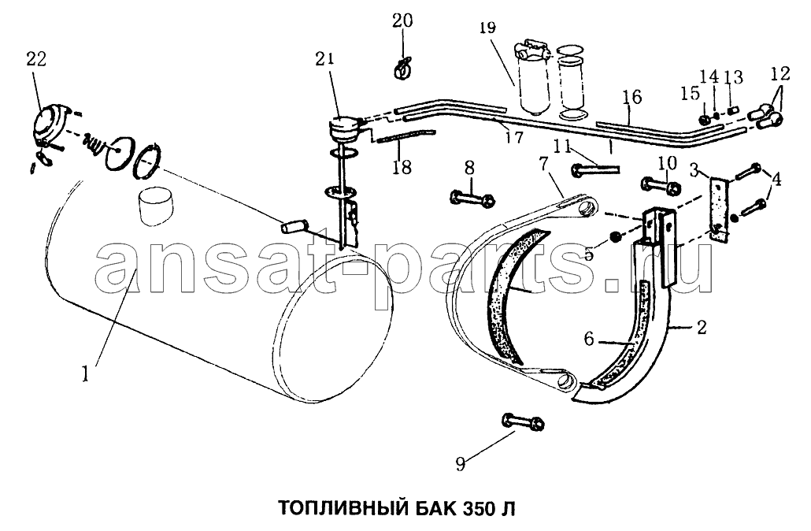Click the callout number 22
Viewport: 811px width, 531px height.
[x=36, y=59]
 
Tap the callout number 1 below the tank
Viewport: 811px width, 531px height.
[x=86, y=373]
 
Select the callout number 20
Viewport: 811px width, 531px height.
[x=402, y=20]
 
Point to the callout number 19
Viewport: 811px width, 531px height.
[x=487, y=27]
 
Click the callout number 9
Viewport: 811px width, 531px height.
[x=461, y=463]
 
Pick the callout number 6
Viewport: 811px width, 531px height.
[x=589, y=339]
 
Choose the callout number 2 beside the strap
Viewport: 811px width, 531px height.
[x=702, y=328]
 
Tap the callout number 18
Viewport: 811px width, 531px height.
[x=402, y=167]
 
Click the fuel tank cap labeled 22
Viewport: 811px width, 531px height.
[x=50, y=124]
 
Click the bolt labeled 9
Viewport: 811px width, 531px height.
[x=521, y=421]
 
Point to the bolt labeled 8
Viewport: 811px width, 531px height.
[x=472, y=198]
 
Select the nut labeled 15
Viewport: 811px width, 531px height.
[x=704, y=120]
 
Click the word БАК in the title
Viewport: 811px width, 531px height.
[x=434, y=507]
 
